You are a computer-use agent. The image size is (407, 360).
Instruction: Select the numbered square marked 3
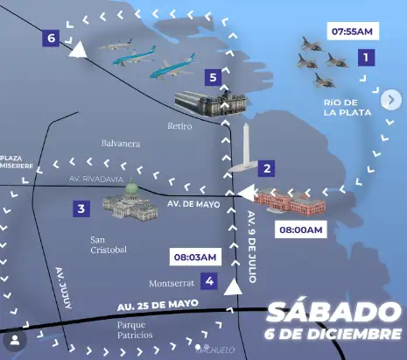(x=81, y=208)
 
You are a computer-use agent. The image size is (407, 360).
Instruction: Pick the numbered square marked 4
(x=209, y=281)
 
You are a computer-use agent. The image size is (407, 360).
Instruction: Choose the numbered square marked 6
(x=52, y=39)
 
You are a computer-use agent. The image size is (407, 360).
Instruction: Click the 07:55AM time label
(x=353, y=32)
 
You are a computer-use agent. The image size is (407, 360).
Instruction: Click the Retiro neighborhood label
(x=179, y=126)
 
